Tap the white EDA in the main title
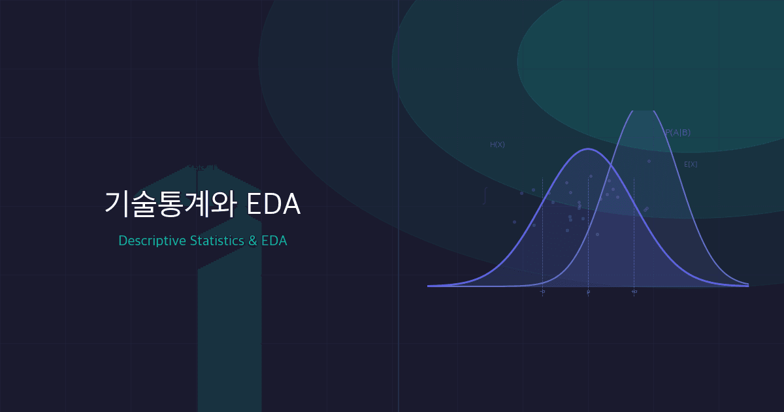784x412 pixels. pyautogui.click(x=274, y=205)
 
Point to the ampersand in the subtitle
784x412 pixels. pyautogui.click(x=253, y=241)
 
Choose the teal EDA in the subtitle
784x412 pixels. pyautogui.click(x=274, y=241)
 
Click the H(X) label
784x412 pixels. pyautogui.click(x=497, y=145)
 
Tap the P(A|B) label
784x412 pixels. pyautogui.click(x=678, y=132)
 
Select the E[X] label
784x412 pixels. pyautogui.click(x=691, y=164)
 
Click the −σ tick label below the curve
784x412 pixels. pyautogui.click(x=542, y=292)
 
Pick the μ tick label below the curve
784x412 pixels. pyautogui.click(x=588, y=292)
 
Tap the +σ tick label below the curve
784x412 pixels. pyautogui.click(x=634, y=292)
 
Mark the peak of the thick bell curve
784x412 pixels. pyautogui.click(x=588, y=149)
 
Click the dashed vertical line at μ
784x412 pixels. pyautogui.click(x=588, y=262)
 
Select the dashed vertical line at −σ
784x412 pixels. pyautogui.click(x=542, y=262)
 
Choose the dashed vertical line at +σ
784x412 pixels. pyautogui.click(x=634, y=262)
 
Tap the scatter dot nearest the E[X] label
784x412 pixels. pyautogui.click(x=649, y=161)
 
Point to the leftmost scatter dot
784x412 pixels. pyautogui.click(x=514, y=222)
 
